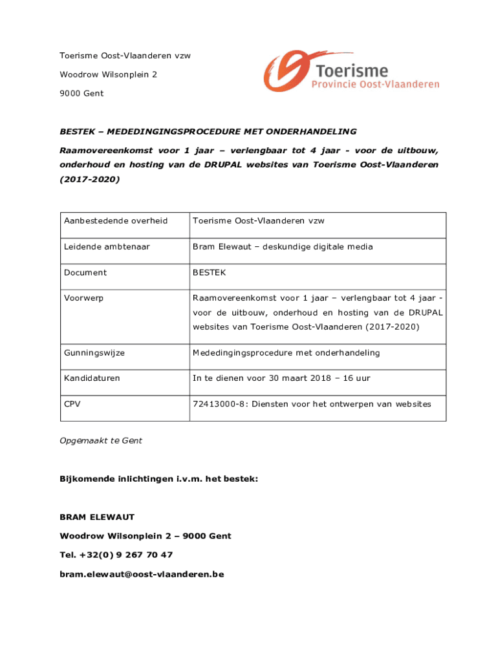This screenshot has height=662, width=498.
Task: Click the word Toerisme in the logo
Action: pyautogui.click(x=352, y=70)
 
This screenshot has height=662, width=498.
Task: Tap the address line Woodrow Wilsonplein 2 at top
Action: pyautogui.click(x=108, y=74)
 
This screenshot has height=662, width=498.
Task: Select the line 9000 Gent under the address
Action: pyautogui.click(x=81, y=93)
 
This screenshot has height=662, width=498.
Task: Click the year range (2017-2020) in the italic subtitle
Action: pyautogui.click(x=89, y=180)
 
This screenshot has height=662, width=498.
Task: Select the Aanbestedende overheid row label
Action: pyautogui.click(x=116, y=220)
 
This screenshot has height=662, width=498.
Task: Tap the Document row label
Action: pyautogui.click(x=85, y=272)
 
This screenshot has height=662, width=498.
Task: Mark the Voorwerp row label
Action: pyautogui.click(x=83, y=298)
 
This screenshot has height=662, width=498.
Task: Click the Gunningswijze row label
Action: pyautogui.click(x=94, y=352)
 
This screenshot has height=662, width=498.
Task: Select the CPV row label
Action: pyautogui.click(x=72, y=403)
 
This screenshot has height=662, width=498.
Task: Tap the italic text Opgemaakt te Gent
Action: pyautogui.click(x=101, y=440)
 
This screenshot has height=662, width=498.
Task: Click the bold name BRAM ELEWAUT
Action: pyautogui.click(x=97, y=517)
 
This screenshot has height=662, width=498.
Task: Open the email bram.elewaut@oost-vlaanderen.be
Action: pyautogui.click(x=142, y=573)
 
